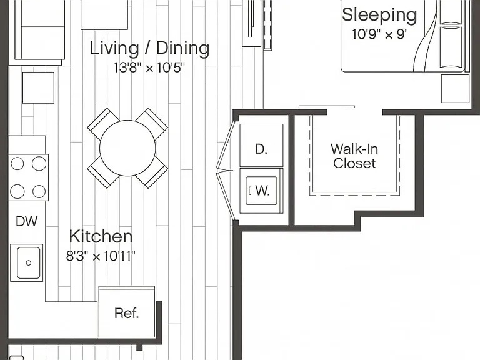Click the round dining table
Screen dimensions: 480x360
(x=127, y=148)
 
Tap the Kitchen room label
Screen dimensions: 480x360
(x=101, y=236)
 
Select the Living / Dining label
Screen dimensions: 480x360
(x=149, y=48)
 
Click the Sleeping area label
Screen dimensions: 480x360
(x=379, y=15)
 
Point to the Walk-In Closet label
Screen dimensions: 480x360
(x=354, y=156)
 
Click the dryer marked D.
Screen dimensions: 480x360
(x=261, y=145)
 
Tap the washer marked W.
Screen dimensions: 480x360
(x=261, y=191)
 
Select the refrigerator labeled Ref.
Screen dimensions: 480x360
(x=127, y=312)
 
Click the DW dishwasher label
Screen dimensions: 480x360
(x=27, y=221)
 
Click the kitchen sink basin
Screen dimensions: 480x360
(x=29, y=262)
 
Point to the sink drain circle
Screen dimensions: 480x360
(x=29, y=262)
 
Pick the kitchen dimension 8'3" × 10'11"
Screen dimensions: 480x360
(x=101, y=256)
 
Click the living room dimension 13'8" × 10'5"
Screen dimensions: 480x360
(x=149, y=67)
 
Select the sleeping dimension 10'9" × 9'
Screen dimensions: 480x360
(x=379, y=34)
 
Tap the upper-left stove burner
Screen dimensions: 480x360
(x=17, y=164)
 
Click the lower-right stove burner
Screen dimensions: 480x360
(x=39, y=192)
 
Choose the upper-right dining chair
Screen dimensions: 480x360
(x=152, y=123)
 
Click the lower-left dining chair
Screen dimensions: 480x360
(x=103, y=172)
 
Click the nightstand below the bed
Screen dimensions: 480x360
(x=455, y=89)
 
